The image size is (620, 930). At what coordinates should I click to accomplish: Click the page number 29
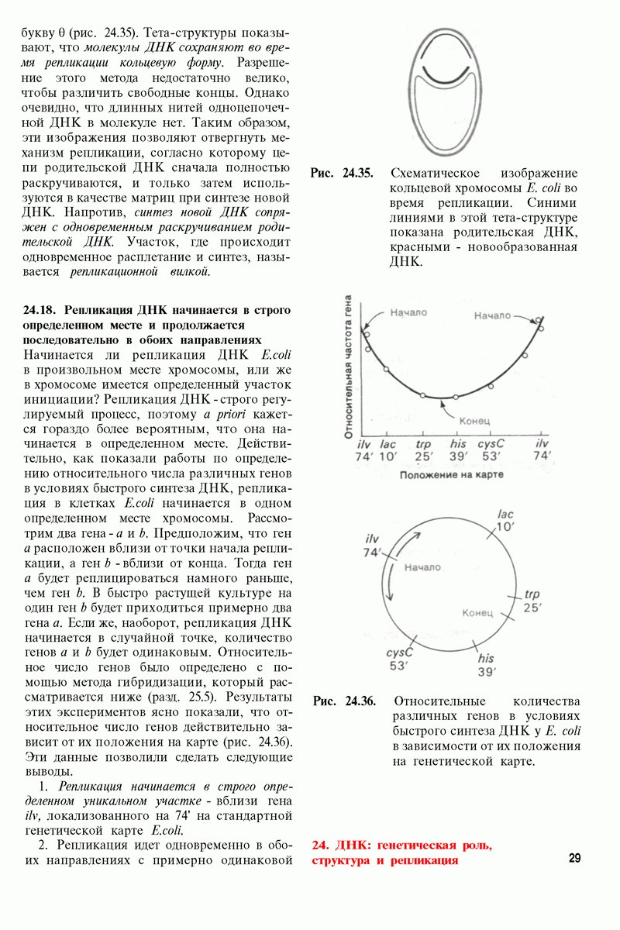[x=574, y=858]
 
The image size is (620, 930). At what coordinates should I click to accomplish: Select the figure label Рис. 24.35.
[x=342, y=173]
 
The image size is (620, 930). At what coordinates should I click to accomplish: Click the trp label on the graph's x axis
[x=423, y=444]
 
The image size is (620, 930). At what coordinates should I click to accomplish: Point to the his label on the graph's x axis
[x=458, y=444]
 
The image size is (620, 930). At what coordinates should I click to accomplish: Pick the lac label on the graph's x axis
[x=387, y=444]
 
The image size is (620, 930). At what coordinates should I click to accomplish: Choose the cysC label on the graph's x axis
[x=491, y=444]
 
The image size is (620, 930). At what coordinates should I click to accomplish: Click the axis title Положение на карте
[x=452, y=474]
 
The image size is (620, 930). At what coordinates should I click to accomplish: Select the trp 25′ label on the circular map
[x=532, y=601]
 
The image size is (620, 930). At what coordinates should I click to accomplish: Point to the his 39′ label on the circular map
[x=486, y=665]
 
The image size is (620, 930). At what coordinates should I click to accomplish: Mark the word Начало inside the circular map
[x=422, y=567]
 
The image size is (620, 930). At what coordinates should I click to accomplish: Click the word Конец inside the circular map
[x=477, y=613]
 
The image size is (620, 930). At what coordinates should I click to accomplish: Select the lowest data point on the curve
[x=456, y=397]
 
